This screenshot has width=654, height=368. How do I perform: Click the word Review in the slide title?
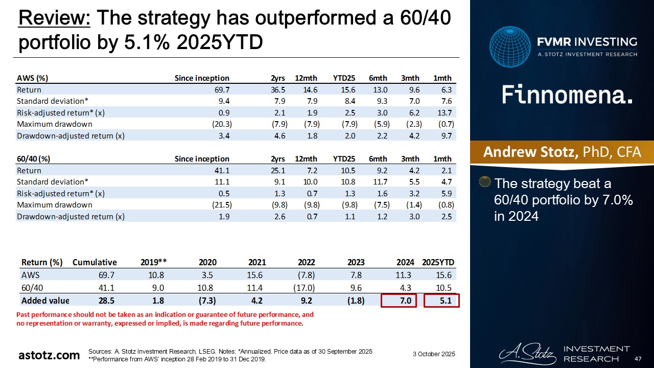tap(54, 19)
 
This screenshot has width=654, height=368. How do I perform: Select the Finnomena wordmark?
tap(567, 95)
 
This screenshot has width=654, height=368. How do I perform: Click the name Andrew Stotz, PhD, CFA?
tap(562, 152)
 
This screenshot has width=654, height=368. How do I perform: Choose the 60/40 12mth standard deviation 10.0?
tap(309, 182)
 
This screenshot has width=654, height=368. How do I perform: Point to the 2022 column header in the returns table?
tap(306, 262)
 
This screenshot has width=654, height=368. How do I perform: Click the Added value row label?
tap(44, 301)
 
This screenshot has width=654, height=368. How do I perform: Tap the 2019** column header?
tap(154, 262)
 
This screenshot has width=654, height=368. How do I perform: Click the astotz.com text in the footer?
tap(49, 355)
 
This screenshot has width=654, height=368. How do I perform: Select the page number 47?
tap(638, 358)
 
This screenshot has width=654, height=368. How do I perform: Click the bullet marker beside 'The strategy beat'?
tap(485, 182)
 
